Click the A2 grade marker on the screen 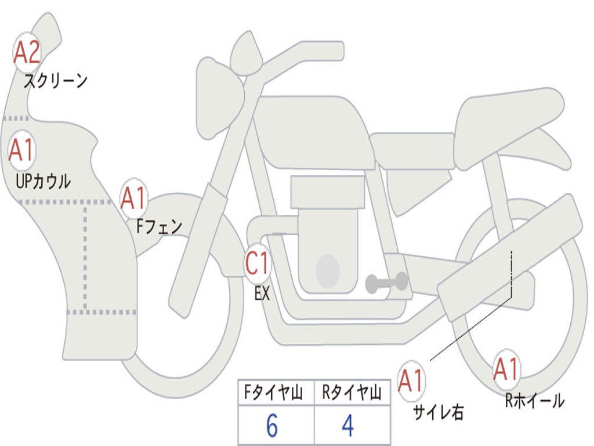pos(27,52)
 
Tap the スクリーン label pos(55,80)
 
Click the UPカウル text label pos(43,181)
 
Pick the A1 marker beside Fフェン pos(133,198)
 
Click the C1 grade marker pos(258,263)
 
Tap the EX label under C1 pos(262,293)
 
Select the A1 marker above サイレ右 pos(411,381)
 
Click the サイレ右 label pos(439,412)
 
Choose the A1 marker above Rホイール pos(506,369)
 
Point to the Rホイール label pos(535,401)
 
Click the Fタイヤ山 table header pos(273,392)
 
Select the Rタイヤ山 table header pos(352,392)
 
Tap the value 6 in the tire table pos(272,426)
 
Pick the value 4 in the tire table pos(348,426)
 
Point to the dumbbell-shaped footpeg pos(387,283)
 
